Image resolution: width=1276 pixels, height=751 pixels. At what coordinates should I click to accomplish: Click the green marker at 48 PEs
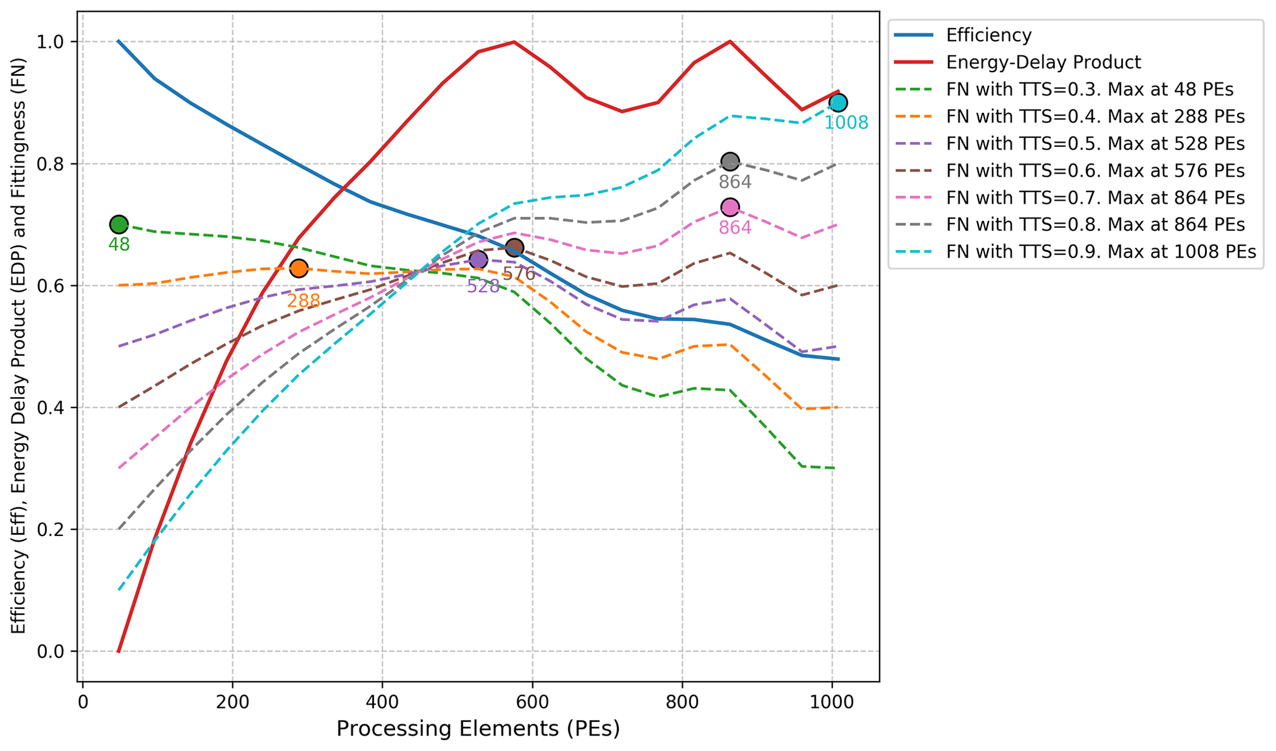[119, 224]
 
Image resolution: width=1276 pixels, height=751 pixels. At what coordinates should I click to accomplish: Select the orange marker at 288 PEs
[299, 268]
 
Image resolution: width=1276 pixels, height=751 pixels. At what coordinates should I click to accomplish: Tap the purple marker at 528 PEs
[478, 260]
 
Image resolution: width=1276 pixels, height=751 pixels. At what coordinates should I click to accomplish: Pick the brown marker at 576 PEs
[514, 248]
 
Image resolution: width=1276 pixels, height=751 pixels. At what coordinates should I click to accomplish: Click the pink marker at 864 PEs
[730, 207]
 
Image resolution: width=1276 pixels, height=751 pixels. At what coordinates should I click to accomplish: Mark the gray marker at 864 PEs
[730, 162]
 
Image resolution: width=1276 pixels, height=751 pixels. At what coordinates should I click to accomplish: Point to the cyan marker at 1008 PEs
[838, 103]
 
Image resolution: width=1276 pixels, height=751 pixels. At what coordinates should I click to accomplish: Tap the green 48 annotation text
[119, 245]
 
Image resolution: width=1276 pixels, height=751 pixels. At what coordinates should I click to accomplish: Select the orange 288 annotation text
[303, 301]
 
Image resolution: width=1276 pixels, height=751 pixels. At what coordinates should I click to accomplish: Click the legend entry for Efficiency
[988, 35]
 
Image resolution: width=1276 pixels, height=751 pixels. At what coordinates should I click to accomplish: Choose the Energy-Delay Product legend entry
[1043, 62]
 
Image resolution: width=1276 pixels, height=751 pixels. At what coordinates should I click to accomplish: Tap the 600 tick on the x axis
[532, 703]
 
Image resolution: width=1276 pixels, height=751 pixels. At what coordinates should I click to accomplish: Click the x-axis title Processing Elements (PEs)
[478, 729]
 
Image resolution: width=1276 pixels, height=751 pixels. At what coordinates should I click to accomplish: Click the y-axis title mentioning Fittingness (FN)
[19, 346]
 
